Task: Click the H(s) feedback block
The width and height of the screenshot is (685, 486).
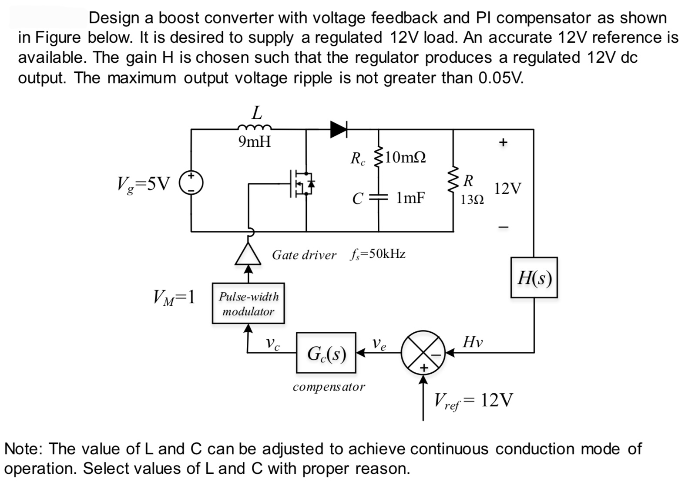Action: coord(534,277)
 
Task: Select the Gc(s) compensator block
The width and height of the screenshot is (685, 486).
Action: coord(326,353)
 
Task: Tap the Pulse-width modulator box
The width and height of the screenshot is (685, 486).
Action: coord(248,304)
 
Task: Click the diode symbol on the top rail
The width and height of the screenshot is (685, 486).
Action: coord(338,129)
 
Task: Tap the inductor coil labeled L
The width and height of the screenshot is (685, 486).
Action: coord(255,128)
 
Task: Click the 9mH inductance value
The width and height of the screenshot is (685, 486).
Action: coord(255,142)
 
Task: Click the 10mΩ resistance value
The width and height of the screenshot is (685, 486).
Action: coord(405,157)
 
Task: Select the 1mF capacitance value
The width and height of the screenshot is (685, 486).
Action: coord(410,198)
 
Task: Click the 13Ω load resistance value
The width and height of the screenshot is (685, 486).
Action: coord(472,200)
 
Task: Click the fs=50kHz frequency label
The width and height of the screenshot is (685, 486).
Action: coord(377,254)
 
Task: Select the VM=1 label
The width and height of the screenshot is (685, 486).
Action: coord(174,298)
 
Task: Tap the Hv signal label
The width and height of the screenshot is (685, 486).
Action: coord(473,342)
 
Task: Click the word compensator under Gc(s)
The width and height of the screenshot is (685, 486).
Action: coord(329,386)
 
